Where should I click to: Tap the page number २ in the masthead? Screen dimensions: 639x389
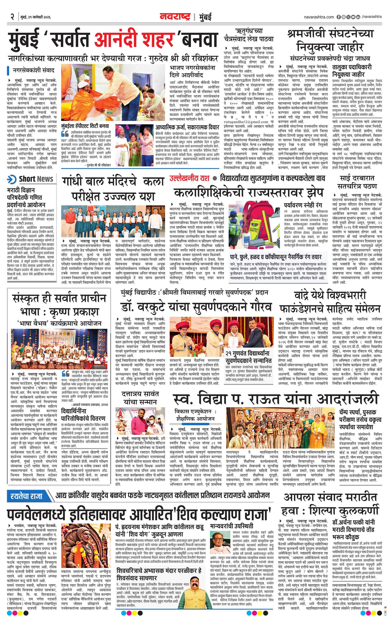tap(12, 17)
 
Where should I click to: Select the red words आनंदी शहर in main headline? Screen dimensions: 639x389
tap(134, 39)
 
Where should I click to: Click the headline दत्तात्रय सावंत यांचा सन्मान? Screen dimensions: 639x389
tap(140, 398)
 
